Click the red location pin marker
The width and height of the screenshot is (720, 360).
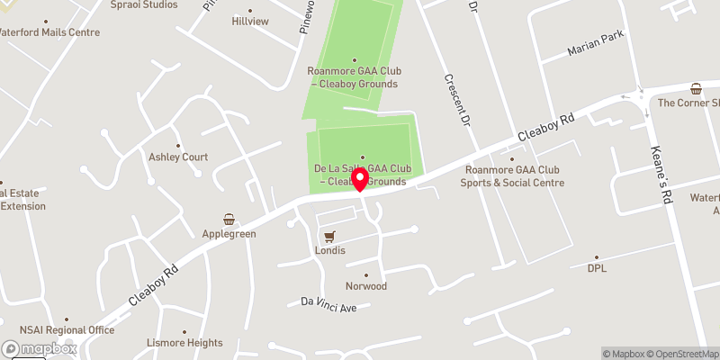pyautogui.click(x=361, y=180)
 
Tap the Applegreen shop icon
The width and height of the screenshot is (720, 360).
pyautogui.click(x=229, y=219)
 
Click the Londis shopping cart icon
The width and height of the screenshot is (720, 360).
pyautogui.click(x=330, y=237)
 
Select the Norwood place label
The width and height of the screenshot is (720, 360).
pyautogui.click(x=366, y=286)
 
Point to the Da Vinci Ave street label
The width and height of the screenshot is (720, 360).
pyautogui.click(x=328, y=308)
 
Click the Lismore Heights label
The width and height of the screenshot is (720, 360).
pyautogui.click(x=184, y=343)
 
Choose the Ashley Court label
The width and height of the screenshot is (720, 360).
pyautogui.click(x=178, y=157)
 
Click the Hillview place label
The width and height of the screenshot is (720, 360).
pyautogui.click(x=250, y=21)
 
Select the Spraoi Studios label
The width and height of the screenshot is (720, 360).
pyautogui.click(x=145, y=4)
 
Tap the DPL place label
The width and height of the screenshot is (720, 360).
pyautogui.click(x=598, y=268)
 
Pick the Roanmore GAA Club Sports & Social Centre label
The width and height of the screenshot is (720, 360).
pyautogui.click(x=514, y=176)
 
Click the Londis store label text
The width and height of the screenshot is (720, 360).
pyautogui.click(x=330, y=251)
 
